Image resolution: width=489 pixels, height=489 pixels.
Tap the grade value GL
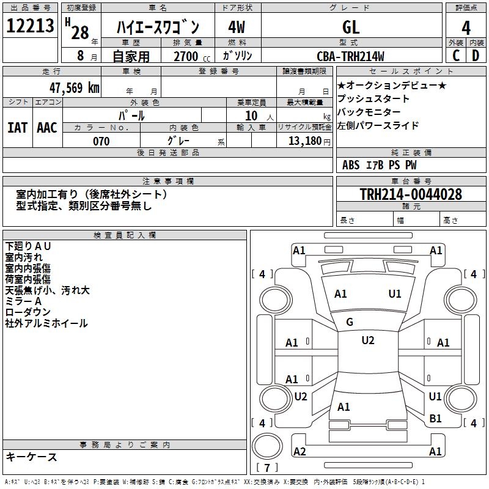pyautogui.click(x=351, y=28)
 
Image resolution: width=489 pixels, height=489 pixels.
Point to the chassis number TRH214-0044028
pyautogui.click(x=411, y=194)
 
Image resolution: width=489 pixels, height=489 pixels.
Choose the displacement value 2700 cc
pyautogui.click(x=187, y=56)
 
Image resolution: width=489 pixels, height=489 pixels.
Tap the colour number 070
pyautogui.click(x=101, y=141)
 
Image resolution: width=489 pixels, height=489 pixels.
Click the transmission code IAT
pyautogui.click(x=17, y=127)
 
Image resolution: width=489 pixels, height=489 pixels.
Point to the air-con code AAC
pyautogui.click(x=46, y=127)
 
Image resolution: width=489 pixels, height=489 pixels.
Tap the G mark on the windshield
pyautogui.click(x=350, y=322)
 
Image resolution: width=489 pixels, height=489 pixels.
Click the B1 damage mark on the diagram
pyautogui.click(x=435, y=418)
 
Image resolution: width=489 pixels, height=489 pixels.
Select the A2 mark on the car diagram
pyautogui.click(x=300, y=451)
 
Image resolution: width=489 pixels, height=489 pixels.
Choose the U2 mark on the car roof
pyautogui.click(x=367, y=340)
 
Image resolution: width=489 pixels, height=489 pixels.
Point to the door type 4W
pyautogui.click(x=237, y=28)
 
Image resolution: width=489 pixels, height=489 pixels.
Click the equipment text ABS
pyautogui.click(x=351, y=165)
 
